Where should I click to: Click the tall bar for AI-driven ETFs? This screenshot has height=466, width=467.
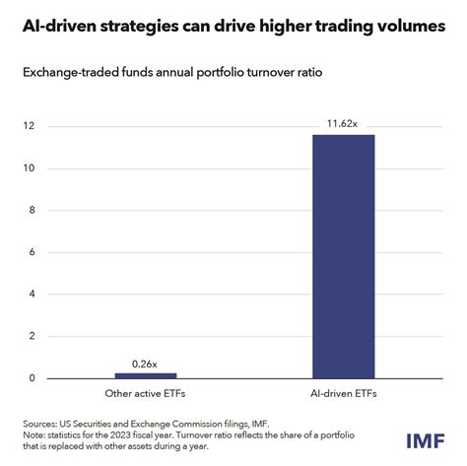tap(343, 256)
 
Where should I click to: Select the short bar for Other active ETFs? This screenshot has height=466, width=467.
tap(146, 375)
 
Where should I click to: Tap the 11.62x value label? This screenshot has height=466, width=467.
tap(343, 124)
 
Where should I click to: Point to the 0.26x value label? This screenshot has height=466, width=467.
tap(146, 363)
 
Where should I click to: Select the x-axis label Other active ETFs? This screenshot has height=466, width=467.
tap(146, 394)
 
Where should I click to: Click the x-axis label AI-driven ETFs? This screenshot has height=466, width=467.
tap(343, 394)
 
